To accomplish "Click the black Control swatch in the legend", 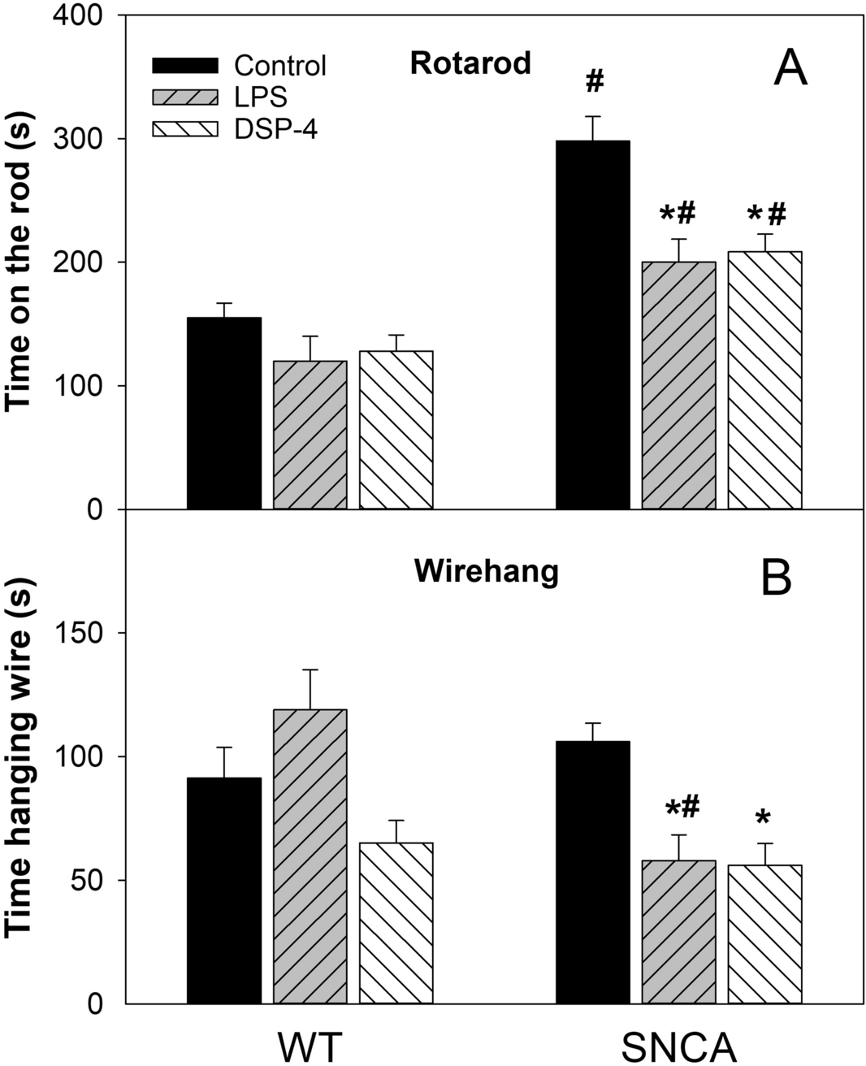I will [185, 65].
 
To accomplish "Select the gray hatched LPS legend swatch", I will [185, 97].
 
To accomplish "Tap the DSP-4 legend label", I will [275, 128].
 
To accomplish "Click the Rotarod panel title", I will [470, 63].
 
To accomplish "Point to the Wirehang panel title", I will [486, 572].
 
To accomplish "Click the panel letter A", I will [790, 68].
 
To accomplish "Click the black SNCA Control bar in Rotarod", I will [592, 325].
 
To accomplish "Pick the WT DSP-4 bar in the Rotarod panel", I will [396, 430].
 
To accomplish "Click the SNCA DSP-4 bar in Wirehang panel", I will [764, 934].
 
